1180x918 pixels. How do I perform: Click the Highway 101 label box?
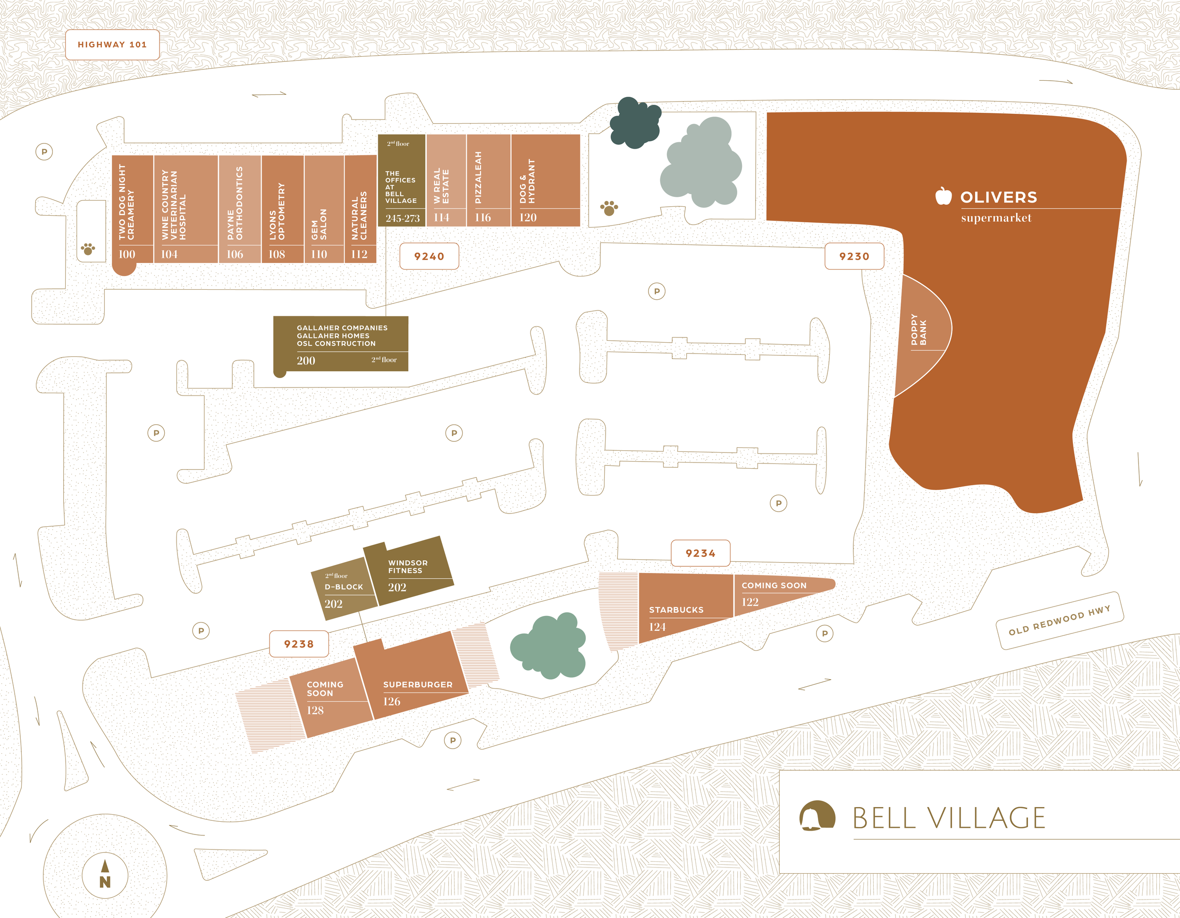point(112,45)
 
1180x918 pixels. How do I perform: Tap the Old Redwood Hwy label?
point(1059,620)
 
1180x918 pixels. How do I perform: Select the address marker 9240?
point(429,256)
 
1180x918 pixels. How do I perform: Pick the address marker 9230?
point(854,256)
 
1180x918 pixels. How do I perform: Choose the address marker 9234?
point(700,553)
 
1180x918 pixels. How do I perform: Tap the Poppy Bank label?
point(919,329)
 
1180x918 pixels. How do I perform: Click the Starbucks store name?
point(676,610)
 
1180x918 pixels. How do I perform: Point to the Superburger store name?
point(418,684)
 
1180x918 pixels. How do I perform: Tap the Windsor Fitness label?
point(407,567)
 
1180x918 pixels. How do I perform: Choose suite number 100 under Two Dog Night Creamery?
point(127,254)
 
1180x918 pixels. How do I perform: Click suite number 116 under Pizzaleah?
point(482,218)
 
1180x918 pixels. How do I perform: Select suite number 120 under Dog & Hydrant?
point(527,218)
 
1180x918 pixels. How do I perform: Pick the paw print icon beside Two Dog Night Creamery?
point(88,249)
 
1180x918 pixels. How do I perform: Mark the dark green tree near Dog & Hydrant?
point(635,123)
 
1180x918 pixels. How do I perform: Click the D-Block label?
point(344,587)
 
